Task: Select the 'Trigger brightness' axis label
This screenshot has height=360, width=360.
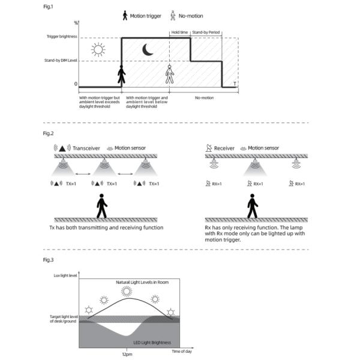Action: pyautogui.click(x=61, y=37)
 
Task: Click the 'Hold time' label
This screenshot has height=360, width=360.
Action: pyautogui.click(x=179, y=32)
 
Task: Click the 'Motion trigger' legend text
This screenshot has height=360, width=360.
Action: pyautogui.click(x=148, y=16)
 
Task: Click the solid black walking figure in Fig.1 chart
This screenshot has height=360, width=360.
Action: pyautogui.click(x=122, y=75)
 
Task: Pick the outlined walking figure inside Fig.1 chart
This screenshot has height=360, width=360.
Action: pyautogui.click(x=169, y=74)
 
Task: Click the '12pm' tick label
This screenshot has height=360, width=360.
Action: pyautogui.click(x=127, y=353)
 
